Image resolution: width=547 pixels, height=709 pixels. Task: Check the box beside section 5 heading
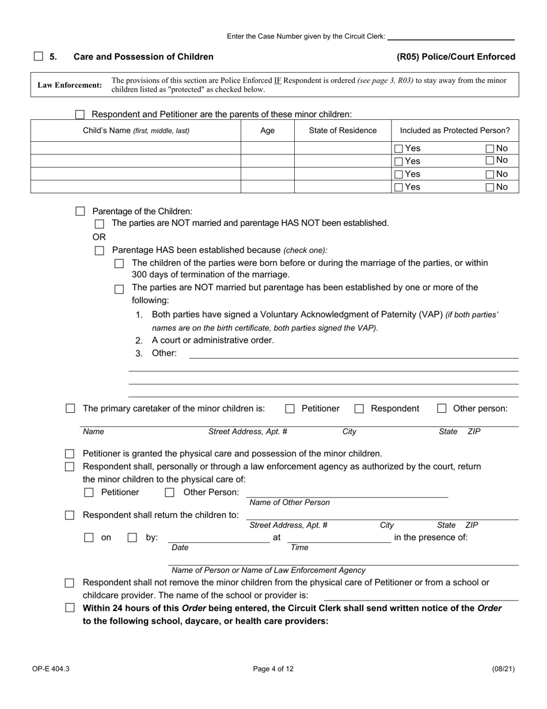39,56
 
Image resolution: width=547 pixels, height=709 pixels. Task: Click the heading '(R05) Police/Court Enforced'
456,56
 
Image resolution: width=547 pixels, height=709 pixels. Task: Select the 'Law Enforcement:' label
70,85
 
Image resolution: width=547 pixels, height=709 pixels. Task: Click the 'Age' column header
267,131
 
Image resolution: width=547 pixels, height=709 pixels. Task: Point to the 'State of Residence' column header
343,131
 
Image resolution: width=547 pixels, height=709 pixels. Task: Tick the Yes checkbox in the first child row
398,149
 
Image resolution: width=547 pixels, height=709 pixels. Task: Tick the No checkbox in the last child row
490,187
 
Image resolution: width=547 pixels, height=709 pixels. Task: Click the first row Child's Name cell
135,148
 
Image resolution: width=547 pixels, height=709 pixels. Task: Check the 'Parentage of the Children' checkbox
81,212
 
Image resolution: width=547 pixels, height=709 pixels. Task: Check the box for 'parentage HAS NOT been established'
100,224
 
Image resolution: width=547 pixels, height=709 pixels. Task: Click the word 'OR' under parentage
99,237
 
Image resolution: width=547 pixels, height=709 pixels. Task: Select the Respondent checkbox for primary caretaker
359,409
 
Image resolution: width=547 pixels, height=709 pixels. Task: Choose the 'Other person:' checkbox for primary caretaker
442,409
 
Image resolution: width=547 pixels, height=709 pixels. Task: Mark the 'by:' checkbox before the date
132,538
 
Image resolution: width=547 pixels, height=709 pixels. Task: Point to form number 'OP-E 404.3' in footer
51,669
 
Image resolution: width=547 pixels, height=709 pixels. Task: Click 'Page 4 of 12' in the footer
273,669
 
